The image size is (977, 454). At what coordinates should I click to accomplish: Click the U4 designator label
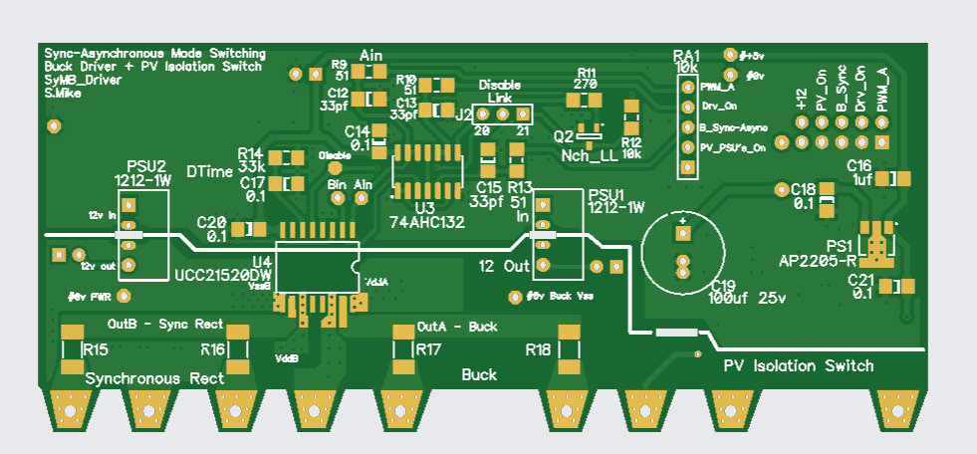click(x=262, y=262)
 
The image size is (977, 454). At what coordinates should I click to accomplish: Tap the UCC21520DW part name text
click(x=223, y=276)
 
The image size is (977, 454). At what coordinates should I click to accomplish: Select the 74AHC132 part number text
click(x=426, y=222)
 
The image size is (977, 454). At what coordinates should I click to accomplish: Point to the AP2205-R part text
click(x=818, y=262)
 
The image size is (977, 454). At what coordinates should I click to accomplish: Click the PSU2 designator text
click(x=145, y=165)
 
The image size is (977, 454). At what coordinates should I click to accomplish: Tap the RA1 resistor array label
click(x=686, y=56)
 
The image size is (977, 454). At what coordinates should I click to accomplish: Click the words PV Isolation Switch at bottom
click(x=798, y=365)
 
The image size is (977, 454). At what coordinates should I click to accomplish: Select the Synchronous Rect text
click(x=154, y=379)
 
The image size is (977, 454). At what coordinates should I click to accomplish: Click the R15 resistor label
click(x=96, y=349)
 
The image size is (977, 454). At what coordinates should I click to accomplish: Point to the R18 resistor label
click(x=538, y=349)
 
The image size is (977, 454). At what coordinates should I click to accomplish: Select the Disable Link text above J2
click(x=499, y=92)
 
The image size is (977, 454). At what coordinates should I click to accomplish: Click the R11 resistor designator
click(x=586, y=73)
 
